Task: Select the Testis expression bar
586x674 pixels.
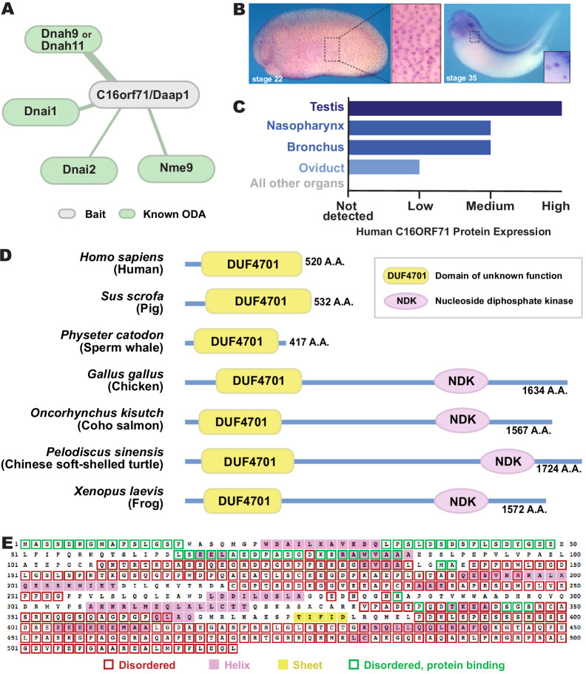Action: (455, 107)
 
